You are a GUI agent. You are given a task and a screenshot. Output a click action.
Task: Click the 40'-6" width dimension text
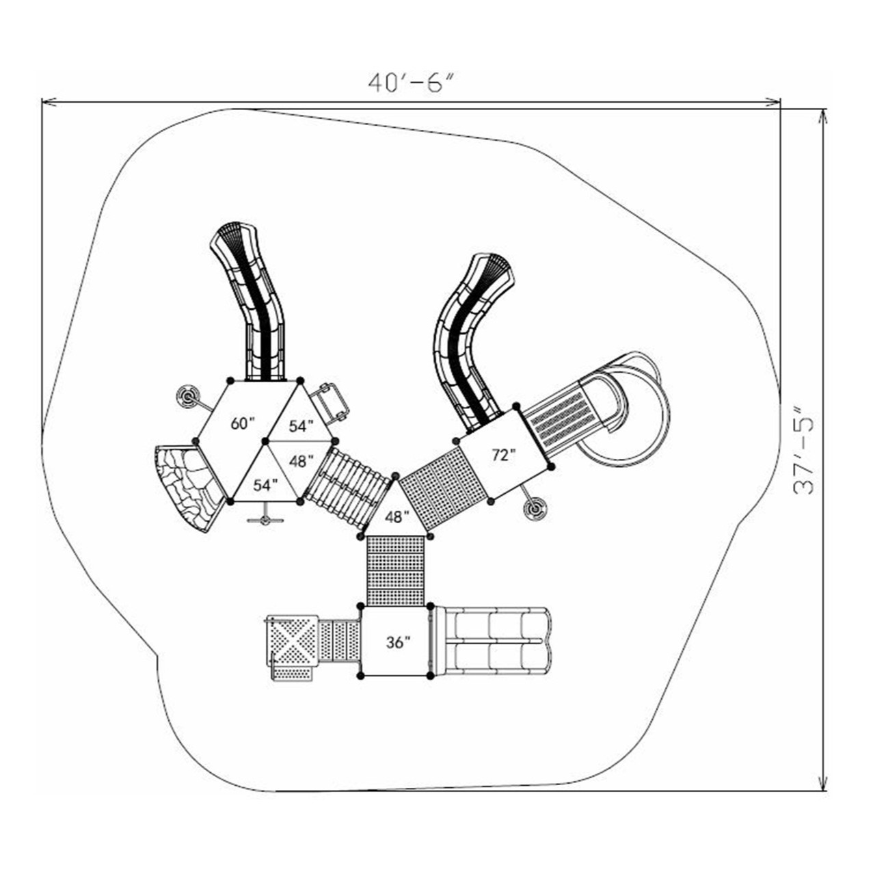[x=411, y=82]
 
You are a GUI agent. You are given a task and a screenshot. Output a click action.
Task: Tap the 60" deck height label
[x=242, y=423]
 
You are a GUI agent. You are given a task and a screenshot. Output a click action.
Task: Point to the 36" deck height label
[x=398, y=642]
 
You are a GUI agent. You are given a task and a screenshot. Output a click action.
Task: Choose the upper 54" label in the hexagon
[x=300, y=426]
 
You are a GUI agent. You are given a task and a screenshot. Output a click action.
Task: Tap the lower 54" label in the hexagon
[x=265, y=486]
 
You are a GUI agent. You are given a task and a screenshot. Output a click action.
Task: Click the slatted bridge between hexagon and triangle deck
[x=347, y=487]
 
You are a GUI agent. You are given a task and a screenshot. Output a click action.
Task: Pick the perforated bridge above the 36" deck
[x=396, y=570]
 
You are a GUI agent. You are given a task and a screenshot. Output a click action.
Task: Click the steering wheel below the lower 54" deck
[x=265, y=518]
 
